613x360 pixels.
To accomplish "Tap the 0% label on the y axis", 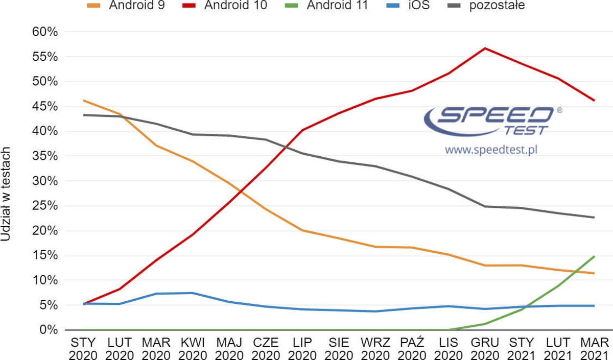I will tap(48, 330).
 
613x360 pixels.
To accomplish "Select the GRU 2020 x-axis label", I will tap(484, 348).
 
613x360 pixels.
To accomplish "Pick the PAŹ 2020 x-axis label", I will tap(411, 348).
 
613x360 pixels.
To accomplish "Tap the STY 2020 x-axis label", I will tap(83, 348).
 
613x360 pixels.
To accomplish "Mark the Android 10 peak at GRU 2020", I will tap(484, 49).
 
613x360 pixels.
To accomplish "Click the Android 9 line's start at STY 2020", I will tap(83, 101).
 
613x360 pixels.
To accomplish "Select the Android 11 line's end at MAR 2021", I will tap(594, 256).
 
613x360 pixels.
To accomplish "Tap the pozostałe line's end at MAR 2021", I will tap(594, 218).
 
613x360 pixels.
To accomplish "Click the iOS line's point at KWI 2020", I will tap(193, 293).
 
